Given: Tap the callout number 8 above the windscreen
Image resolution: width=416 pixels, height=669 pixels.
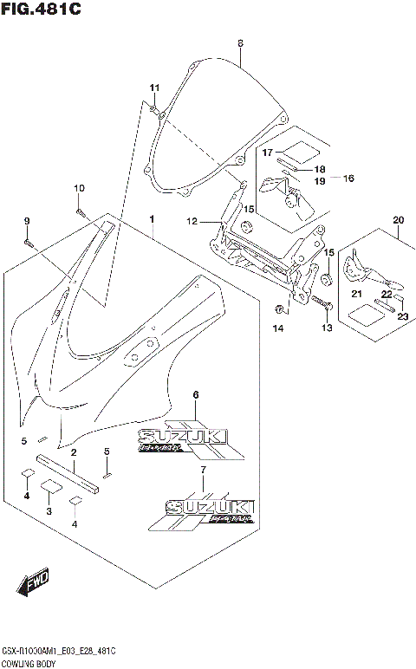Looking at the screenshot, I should [x=240, y=43].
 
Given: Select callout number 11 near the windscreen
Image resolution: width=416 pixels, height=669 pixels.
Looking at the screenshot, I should [x=154, y=88].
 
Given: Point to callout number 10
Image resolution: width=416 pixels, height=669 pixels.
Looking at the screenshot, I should [x=79, y=189].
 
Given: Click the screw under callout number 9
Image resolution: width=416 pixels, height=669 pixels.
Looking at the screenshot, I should [x=28, y=243].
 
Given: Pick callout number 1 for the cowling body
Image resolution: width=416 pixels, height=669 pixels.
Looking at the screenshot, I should [x=152, y=219].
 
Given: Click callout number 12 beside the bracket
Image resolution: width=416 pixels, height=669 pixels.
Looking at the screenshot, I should [x=192, y=222].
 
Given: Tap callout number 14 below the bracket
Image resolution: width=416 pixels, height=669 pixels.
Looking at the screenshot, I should [x=278, y=328].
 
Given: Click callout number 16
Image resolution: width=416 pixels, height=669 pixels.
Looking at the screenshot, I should [x=349, y=179].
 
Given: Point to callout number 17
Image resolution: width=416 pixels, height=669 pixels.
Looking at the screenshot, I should [x=269, y=153].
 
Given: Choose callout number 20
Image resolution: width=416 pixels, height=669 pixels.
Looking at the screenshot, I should [x=399, y=219].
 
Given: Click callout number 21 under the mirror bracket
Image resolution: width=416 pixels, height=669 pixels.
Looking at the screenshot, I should [x=355, y=295].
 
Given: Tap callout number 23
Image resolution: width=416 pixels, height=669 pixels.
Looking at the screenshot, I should [x=402, y=316].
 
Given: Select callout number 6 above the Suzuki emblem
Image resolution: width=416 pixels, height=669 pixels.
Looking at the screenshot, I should [x=196, y=395].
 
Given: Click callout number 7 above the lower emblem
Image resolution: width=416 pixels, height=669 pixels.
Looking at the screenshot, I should [x=203, y=470].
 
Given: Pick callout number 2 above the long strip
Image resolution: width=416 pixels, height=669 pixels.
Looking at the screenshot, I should [x=75, y=452].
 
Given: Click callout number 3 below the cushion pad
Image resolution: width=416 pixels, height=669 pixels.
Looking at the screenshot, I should [x=49, y=512].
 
